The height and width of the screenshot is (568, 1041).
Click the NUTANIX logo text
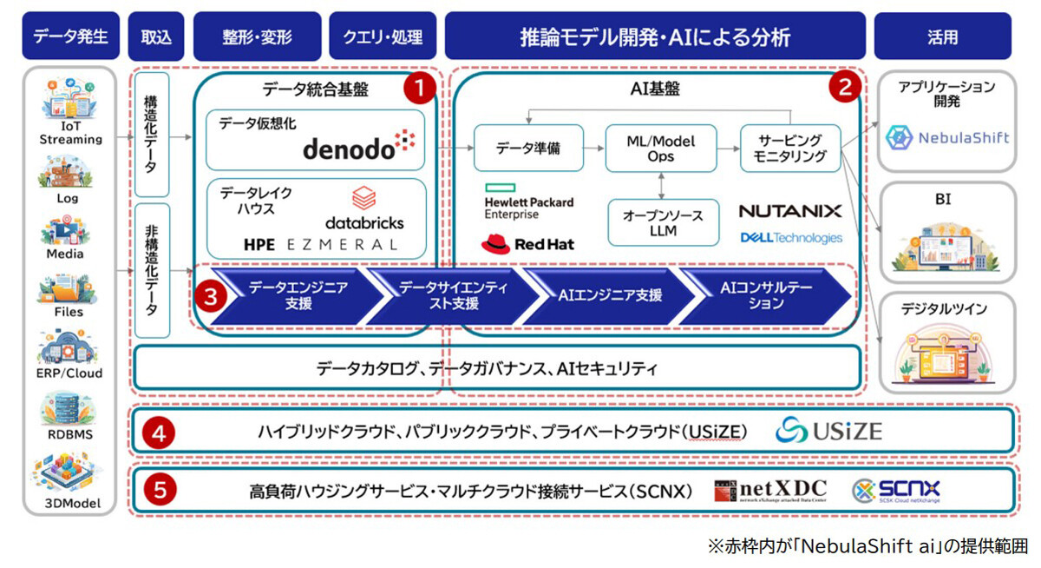[x=789, y=211]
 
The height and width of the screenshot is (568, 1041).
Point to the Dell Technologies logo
[x=790, y=237]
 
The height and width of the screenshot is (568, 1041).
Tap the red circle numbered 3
[x=211, y=294]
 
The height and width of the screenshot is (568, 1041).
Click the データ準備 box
[x=528, y=148]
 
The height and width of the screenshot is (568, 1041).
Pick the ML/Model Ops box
[x=661, y=148]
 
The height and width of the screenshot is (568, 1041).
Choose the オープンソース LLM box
[x=662, y=222]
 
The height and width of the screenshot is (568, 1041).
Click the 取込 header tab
[x=156, y=36]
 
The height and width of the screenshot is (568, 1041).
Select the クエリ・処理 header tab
[x=383, y=36]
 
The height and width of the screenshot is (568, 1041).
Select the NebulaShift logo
[x=947, y=137]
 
